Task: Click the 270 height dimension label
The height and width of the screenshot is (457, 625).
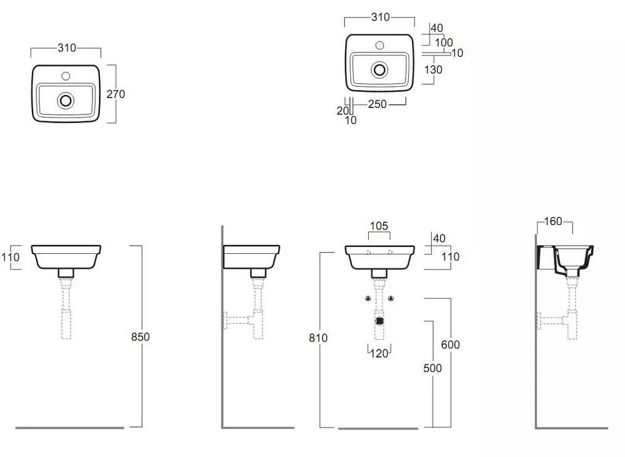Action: pyautogui.click(x=116, y=94)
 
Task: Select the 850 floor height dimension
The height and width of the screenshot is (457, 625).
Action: pyautogui.click(x=140, y=337)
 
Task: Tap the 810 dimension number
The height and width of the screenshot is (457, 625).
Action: pyautogui.click(x=318, y=338)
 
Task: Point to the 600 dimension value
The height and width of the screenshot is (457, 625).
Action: pyautogui.click(x=451, y=344)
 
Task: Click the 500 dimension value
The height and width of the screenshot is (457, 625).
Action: pyautogui.click(x=432, y=368)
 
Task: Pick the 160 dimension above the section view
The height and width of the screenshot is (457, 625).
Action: pyautogui.click(x=553, y=221)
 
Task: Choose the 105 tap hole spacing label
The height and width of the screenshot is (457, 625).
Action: pyautogui.click(x=379, y=226)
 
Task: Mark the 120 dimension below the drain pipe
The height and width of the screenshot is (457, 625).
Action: pyautogui.click(x=379, y=353)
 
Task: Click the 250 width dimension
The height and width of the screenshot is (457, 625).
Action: pyautogui.click(x=377, y=104)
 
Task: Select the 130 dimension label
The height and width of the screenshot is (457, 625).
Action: pyautogui.click(x=433, y=70)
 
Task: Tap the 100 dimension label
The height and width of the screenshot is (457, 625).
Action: pyautogui.click(x=444, y=43)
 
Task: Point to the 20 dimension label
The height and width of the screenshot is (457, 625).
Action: pyautogui.click(x=342, y=111)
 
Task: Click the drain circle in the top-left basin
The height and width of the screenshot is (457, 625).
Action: pyautogui.click(x=66, y=100)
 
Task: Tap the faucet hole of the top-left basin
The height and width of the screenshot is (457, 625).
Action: pyautogui.click(x=66, y=76)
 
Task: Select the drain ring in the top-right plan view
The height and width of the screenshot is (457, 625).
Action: pyautogui.click(x=379, y=70)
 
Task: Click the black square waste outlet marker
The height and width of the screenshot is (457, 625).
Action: pyautogui.click(x=379, y=321)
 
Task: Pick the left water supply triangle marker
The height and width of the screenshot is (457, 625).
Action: pyautogui.click(x=368, y=298)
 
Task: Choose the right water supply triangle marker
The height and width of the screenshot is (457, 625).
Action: pyautogui.click(x=391, y=298)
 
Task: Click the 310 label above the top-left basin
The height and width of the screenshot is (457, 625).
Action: pyautogui.click(x=67, y=48)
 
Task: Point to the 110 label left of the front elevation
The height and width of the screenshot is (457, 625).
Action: pyautogui.click(x=10, y=257)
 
